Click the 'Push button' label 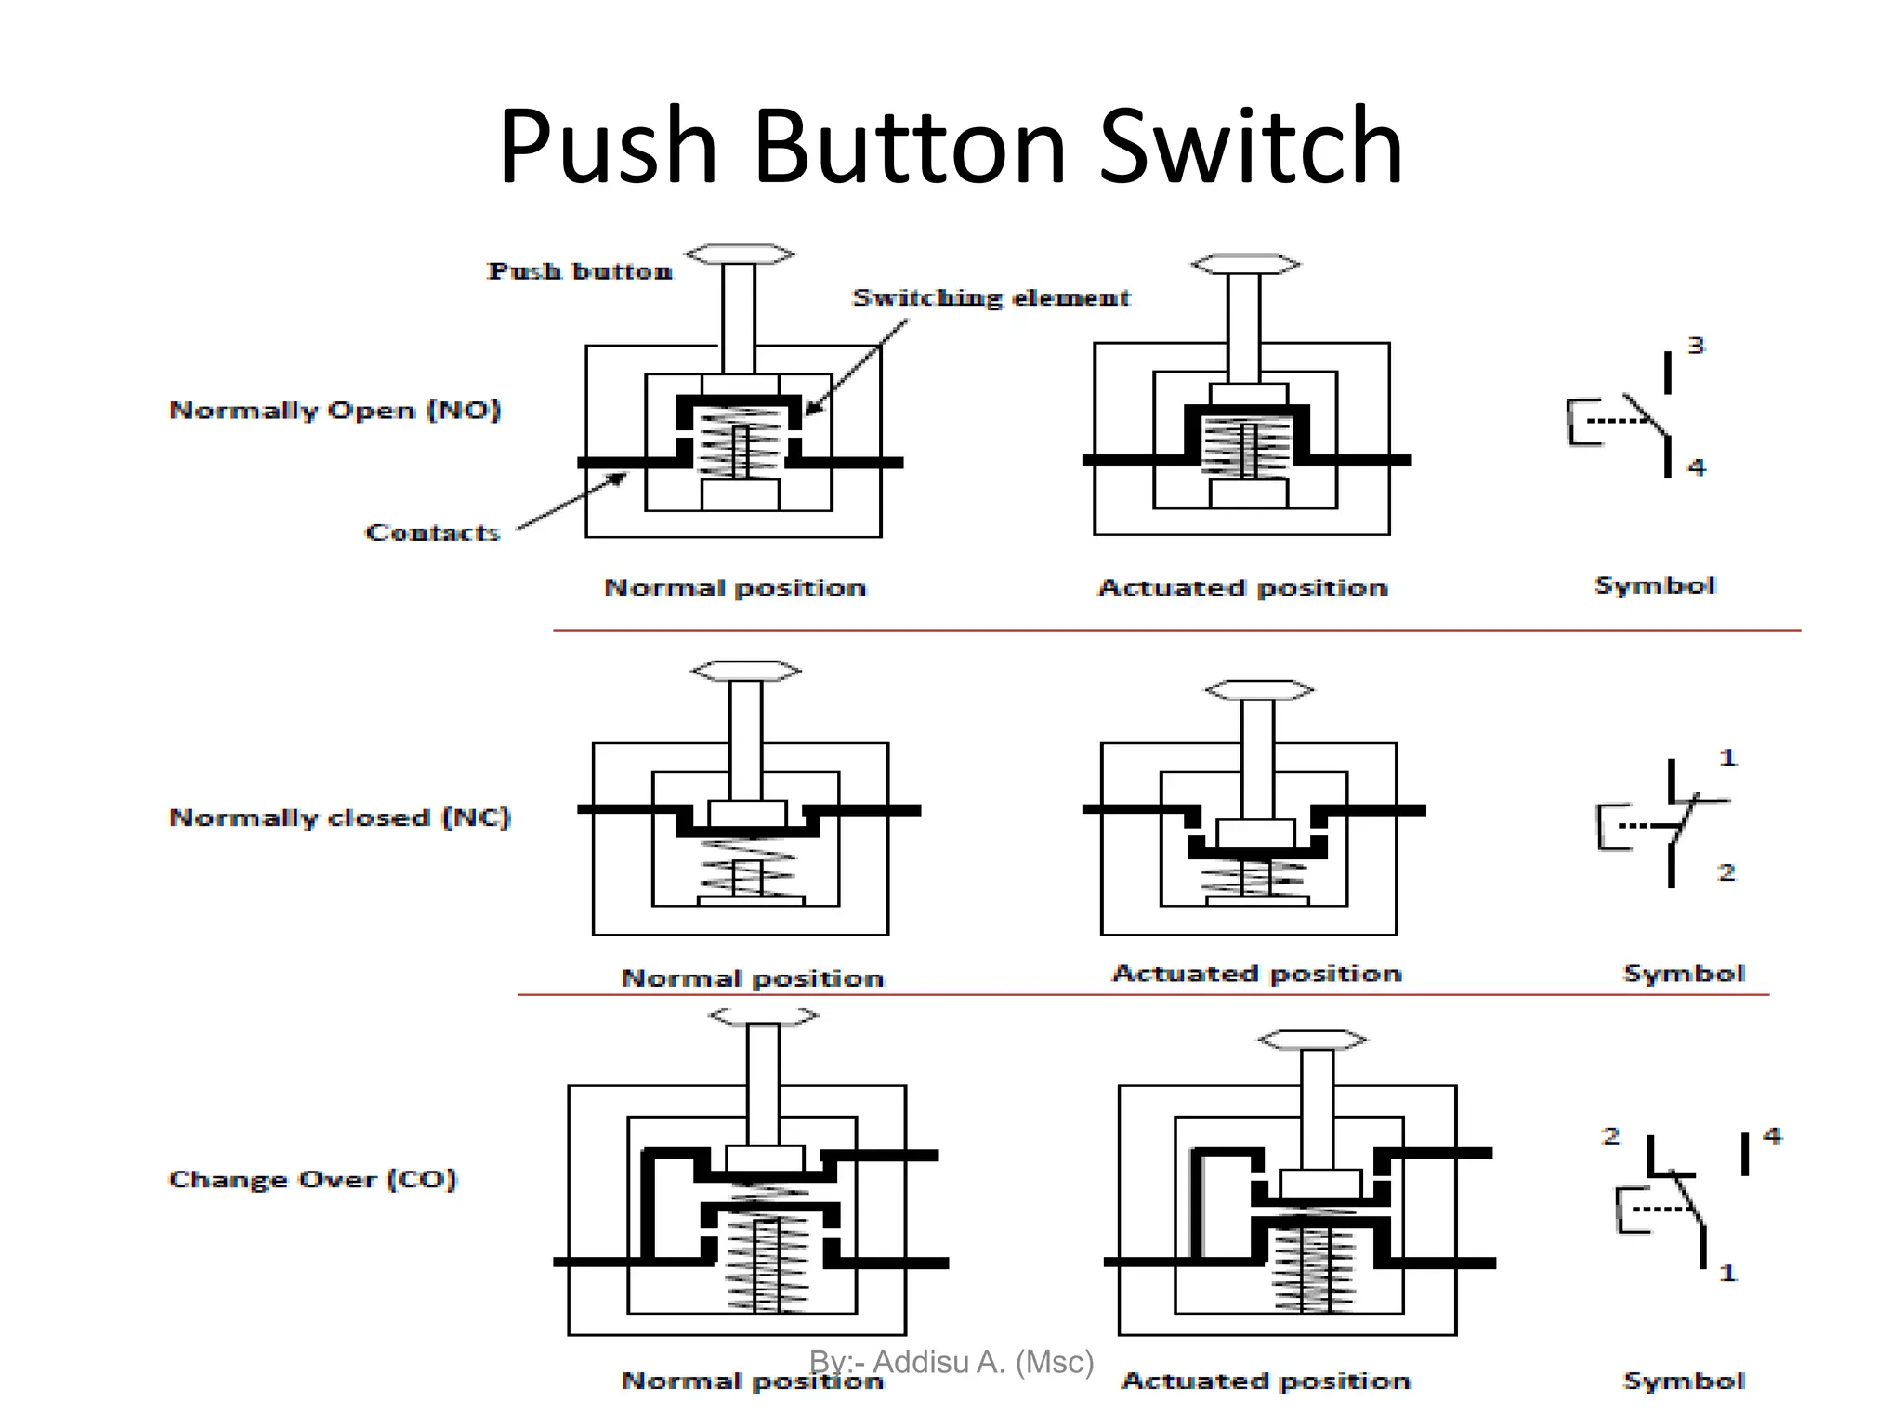tap(580, 271)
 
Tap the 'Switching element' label tap(991, 298)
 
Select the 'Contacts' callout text tap(432, 532)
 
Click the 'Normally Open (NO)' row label tap(335, 411)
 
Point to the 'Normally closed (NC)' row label tap(339, 818)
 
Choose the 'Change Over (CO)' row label tap(312, 1179)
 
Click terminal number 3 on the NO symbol tap(1696, 346)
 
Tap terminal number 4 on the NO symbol tap(1697, 466)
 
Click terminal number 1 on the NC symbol tap(1726, 757)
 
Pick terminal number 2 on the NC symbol tap(1726, 872)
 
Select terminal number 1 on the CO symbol tap(1726, 1272)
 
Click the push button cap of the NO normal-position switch tap(740, 254)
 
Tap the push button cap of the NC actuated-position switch tap(1259, 689)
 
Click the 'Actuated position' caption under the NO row tap(1242, 588)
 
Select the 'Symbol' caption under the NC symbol tap(1683, 974)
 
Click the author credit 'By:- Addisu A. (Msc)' tap(951, 1362)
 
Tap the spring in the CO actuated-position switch tap(1315, 1268)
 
